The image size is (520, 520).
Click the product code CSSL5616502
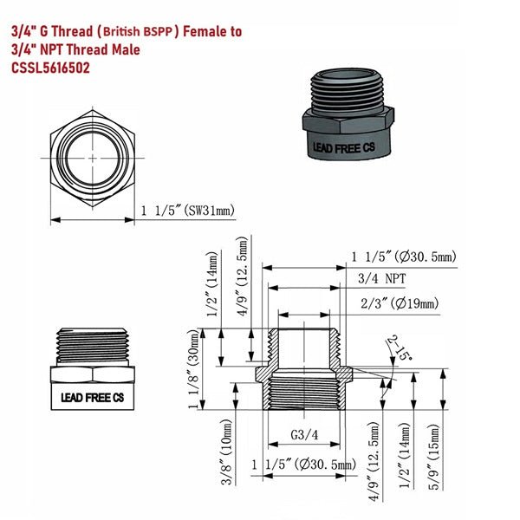tap(49, 68)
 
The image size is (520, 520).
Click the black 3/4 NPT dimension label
tap(384, 278)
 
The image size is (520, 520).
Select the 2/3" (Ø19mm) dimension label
tap(398, 302)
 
